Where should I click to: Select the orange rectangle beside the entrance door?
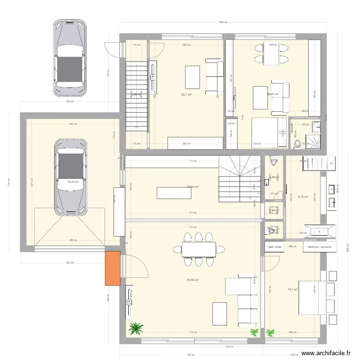point(113,268)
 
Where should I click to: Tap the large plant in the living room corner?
point(136,328)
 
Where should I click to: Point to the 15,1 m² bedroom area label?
point(292,289)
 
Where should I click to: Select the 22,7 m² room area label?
point(186,95)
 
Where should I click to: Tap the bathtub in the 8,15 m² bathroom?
point(319,232)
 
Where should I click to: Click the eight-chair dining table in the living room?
point(198,249)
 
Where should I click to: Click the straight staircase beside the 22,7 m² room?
point(136,96)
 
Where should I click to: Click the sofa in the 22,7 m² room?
point(214,77)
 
